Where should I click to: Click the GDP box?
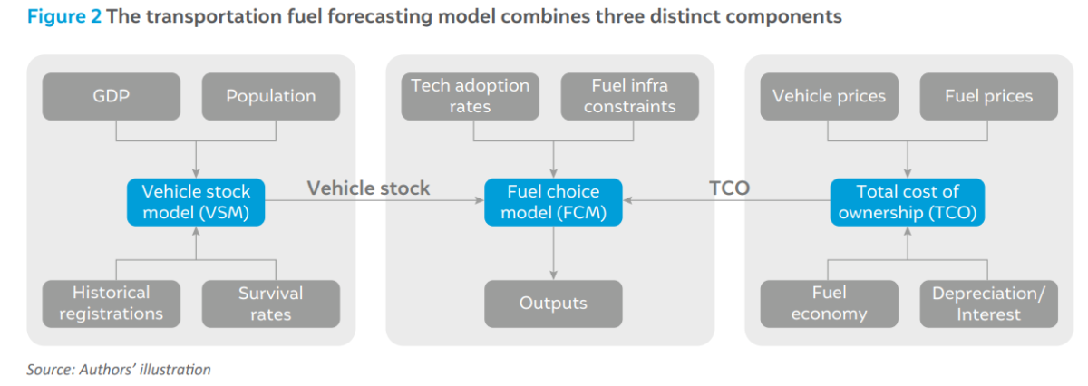click(112, 97)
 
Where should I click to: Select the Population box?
click(271, 97)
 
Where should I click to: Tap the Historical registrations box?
click(112, 304)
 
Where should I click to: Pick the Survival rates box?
click(271, 304)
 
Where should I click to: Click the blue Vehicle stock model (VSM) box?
click(196, 202)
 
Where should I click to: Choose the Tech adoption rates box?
click(471, 97)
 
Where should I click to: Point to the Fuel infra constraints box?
click(630, 97)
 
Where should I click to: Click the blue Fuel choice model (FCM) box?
click(553, 202)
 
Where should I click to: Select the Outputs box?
click(553, 304)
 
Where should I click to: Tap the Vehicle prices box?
click(829, 97)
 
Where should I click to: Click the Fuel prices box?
click(989, 97)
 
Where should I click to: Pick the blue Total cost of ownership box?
click(908, 202)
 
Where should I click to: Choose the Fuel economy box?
click(829, 304)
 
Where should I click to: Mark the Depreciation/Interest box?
click(989, 304)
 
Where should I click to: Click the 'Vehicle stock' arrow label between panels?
click(368, 188)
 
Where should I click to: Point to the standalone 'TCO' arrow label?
click(730, 188)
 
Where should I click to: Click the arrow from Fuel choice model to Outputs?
click(553, 253)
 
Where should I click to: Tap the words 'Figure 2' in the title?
click(64, 17)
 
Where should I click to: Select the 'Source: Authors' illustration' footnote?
click(119, 370)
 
